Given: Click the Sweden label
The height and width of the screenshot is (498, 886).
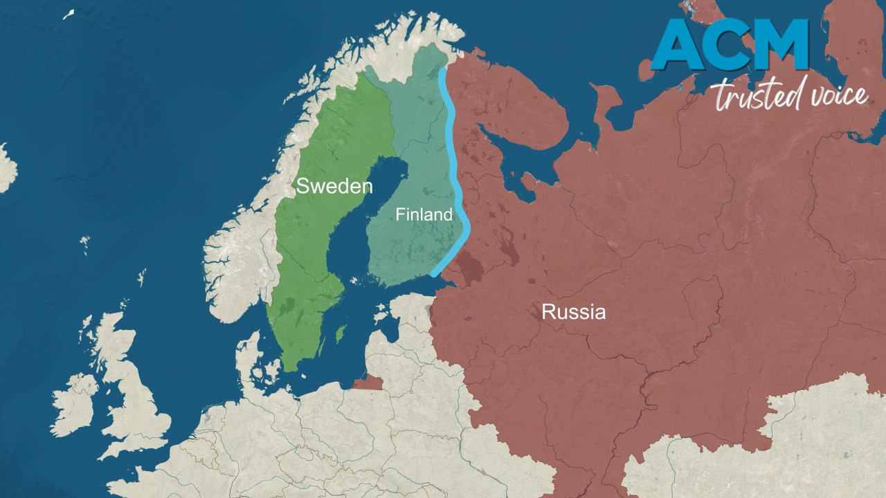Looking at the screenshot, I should click(334, 186).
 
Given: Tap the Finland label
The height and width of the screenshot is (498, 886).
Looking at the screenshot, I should click(424, 214).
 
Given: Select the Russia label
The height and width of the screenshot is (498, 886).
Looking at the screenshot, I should click(573, 312).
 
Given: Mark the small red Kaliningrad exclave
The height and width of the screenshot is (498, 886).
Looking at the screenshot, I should click(369, 382).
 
